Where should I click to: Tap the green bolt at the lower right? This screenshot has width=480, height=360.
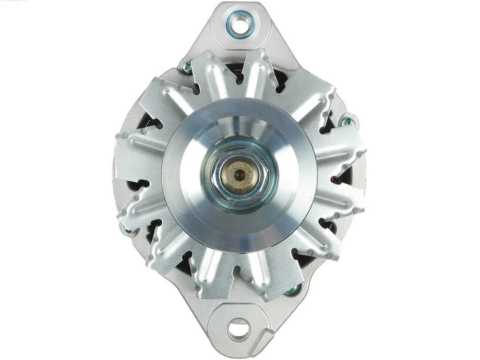coord(291,291)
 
